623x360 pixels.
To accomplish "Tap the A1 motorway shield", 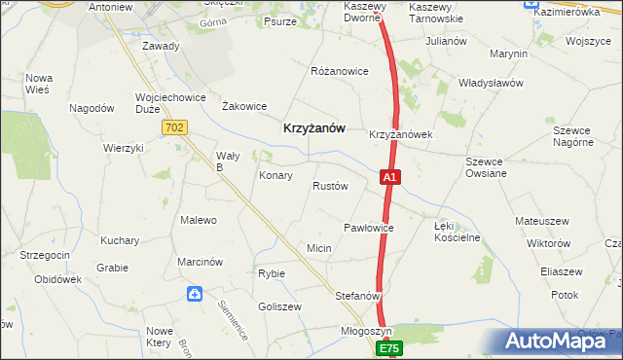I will pos(388,177).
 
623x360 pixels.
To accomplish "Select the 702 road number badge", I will pos(175,127).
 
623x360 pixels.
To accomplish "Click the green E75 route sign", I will pos(390,348).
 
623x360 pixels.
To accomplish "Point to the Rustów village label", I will pos(330,186).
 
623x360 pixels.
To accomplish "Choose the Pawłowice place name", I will pos(368,228).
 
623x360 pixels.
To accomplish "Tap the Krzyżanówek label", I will pos(400,134).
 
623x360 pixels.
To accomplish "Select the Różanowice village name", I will pos(339,72).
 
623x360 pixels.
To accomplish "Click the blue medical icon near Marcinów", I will pos(195,293).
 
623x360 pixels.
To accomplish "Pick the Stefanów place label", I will pos(357,295).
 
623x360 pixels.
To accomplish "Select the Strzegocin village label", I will pos(44,255).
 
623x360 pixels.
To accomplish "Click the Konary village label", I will pos(275,176).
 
